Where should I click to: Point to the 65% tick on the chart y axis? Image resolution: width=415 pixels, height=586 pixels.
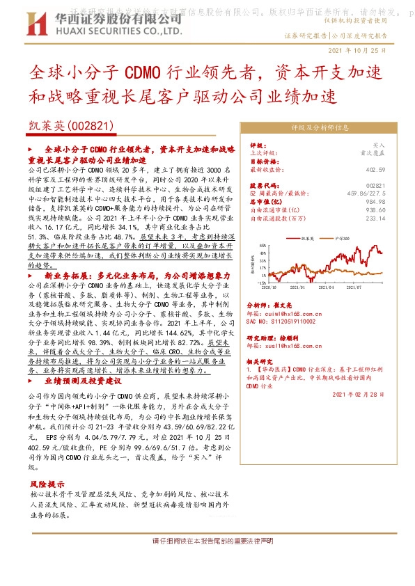point(260,246)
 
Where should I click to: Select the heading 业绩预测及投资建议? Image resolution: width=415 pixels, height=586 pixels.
point(83,382)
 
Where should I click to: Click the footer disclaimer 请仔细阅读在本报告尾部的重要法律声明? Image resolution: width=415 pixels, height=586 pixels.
point(207,541)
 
